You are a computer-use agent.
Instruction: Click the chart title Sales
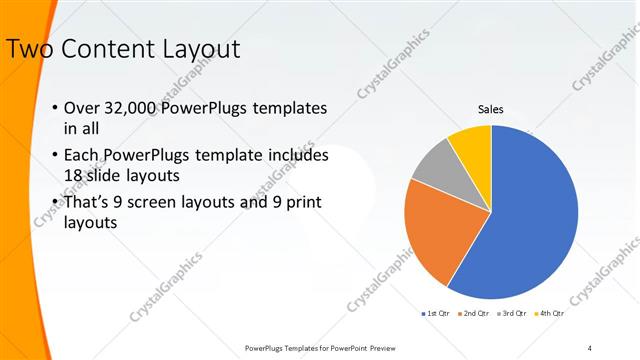(490, 110)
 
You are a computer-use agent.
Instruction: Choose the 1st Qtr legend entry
(436, 313)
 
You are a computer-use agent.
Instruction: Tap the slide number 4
(589, 347)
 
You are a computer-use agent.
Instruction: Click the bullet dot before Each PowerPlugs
(53, 156)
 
